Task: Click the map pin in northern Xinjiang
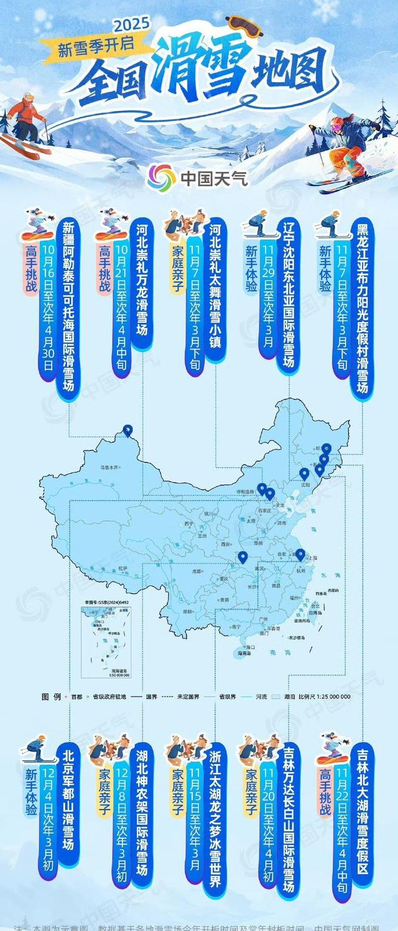click(127, 430)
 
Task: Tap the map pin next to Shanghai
click(300, 554)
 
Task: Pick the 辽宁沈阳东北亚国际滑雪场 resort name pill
click(287, 296)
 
